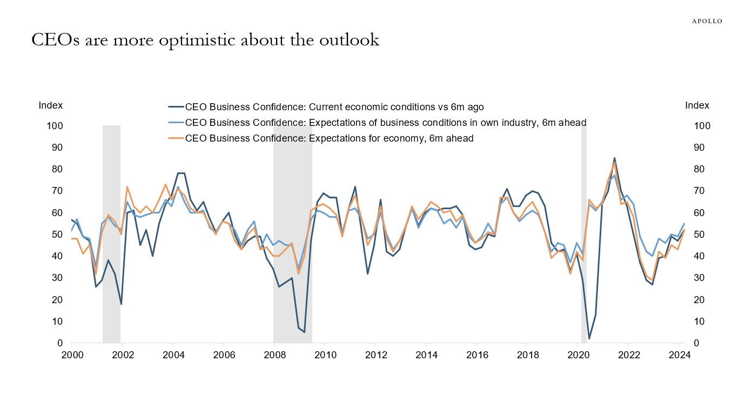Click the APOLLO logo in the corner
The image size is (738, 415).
point(707,21)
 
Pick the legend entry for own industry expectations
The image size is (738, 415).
point(385,123)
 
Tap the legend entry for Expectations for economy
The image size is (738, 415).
point(329,138)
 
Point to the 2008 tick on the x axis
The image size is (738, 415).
point(274,355)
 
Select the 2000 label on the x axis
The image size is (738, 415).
point(71,355)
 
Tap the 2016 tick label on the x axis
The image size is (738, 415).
point(476,355)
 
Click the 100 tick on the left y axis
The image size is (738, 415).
point(56,126)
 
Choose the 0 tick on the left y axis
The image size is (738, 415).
point(61,343)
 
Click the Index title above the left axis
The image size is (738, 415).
point(51,106)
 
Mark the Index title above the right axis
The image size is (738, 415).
point(697,106)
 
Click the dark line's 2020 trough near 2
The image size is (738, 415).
point(589,339)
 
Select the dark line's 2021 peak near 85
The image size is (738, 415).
point(614,158)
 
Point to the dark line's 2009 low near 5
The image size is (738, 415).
point(304,332)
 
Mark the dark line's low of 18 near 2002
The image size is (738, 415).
point(121,304)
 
